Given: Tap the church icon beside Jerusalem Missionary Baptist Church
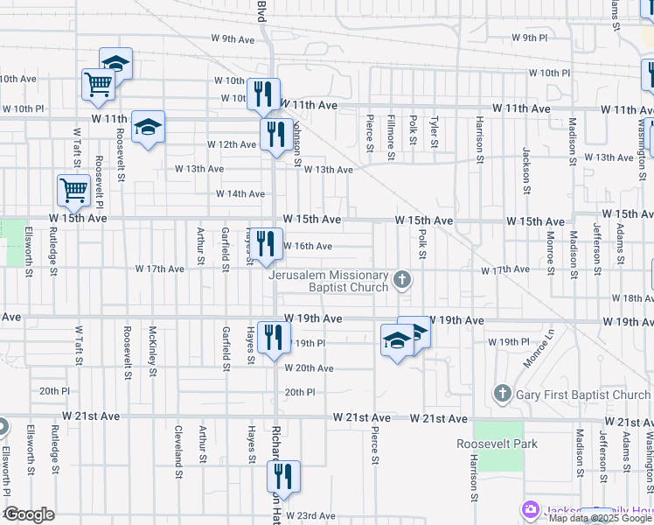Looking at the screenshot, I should [x=402, y=280].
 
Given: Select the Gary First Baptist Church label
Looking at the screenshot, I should [x=584, y=395].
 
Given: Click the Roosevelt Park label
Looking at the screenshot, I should [x=497, y=444].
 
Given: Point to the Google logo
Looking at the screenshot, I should [x=28, y=514].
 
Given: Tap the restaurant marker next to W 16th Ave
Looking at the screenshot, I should [x=265, y=244].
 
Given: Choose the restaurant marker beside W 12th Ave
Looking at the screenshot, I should [x=275, y=135].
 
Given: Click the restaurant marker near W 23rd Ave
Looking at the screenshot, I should [x=283, y=477].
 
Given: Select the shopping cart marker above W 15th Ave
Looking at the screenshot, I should [x=74, y=190].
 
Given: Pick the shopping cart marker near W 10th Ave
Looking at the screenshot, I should [x=99, y=85].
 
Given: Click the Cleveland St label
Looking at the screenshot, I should [x=178, y=445].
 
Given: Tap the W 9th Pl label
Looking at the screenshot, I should [x=529, y=38].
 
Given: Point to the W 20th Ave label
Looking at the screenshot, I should [x=310, y=368].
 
